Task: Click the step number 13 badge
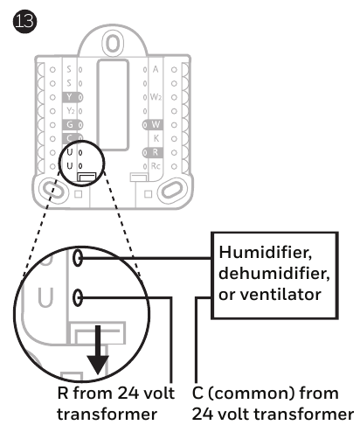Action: pos(24,21)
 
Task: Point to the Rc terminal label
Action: pos(156,166)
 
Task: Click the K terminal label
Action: pos(156,138)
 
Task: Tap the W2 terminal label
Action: pos(156,97)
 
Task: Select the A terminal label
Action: pos(156,69)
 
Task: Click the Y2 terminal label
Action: pos(71,111)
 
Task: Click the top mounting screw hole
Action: pos(113,43)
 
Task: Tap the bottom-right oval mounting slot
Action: pos(173,190)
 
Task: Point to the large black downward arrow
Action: pos(98,350)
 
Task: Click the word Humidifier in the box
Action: pos(266,252)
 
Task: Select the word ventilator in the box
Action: pos(280,295)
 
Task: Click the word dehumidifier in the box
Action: pos(274,273)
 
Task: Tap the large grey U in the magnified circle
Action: pos(46,297)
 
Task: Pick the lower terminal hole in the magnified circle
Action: pos(78,297)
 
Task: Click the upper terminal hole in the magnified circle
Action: pos(78,257)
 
